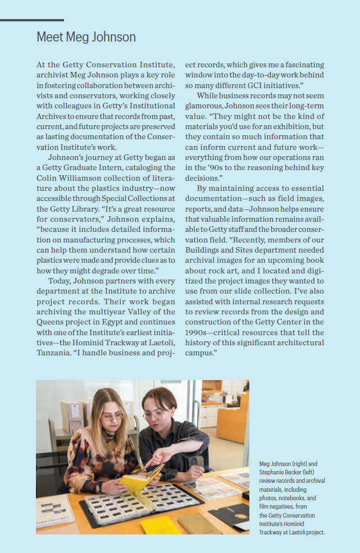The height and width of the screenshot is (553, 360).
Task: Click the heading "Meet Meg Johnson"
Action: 86,37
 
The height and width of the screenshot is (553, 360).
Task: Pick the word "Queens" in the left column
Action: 52,322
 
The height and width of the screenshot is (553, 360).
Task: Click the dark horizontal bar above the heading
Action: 32,20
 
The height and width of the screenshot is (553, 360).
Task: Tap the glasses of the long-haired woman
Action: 111,416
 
